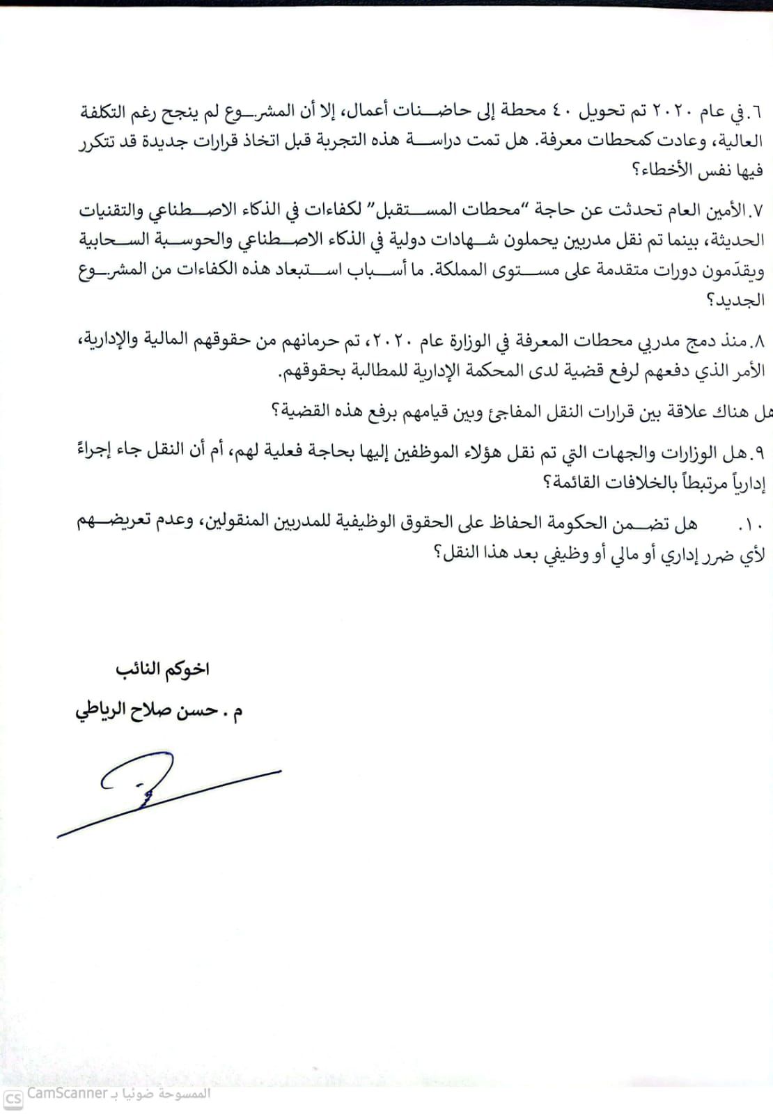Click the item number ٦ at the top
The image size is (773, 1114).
click(x=758, y=112)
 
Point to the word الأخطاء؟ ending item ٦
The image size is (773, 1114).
click(x=657, y=170)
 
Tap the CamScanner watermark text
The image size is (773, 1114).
click(x=67, y=1094)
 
